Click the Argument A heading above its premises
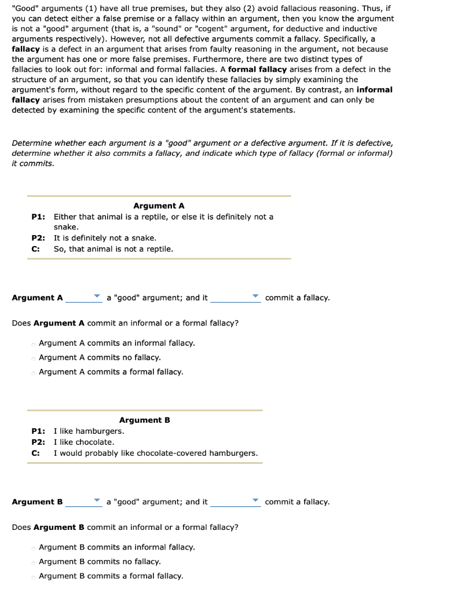pyautogui.click(x=159, y=206)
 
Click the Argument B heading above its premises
pyautogui.click(x=144, y=420)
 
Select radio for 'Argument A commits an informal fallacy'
pyautogui.click(x=34, y=343)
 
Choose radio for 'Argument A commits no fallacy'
pyautogui.click(x=34, y=358)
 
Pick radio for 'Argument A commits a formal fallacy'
pyautogui.click(x=34, y=372)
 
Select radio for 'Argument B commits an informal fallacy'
pyautogui.click(x=34, y=547)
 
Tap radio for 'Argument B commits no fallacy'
pyautogui.click(x=34, y=562)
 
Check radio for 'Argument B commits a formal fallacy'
pyautogui.click(x=34, y=576)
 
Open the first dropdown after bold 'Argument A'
pyautogui.click(x=84, y=298)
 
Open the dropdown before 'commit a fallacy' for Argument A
pyautogui.click(x=235, y=298)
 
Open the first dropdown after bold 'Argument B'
pyautogui.click(x=84, y=502)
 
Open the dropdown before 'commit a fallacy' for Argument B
pyautogui.click(x=235, y=502)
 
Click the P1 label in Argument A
pyautogui.click(x=38, y=217)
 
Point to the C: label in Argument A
pyautogui.click(x=35, y=249)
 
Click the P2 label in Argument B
pyautogui.click(x=38, y=442)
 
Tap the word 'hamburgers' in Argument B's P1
pyautogui.click(x=104, y=431)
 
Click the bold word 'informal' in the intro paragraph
pyautogui.click(x=375, y=90)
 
